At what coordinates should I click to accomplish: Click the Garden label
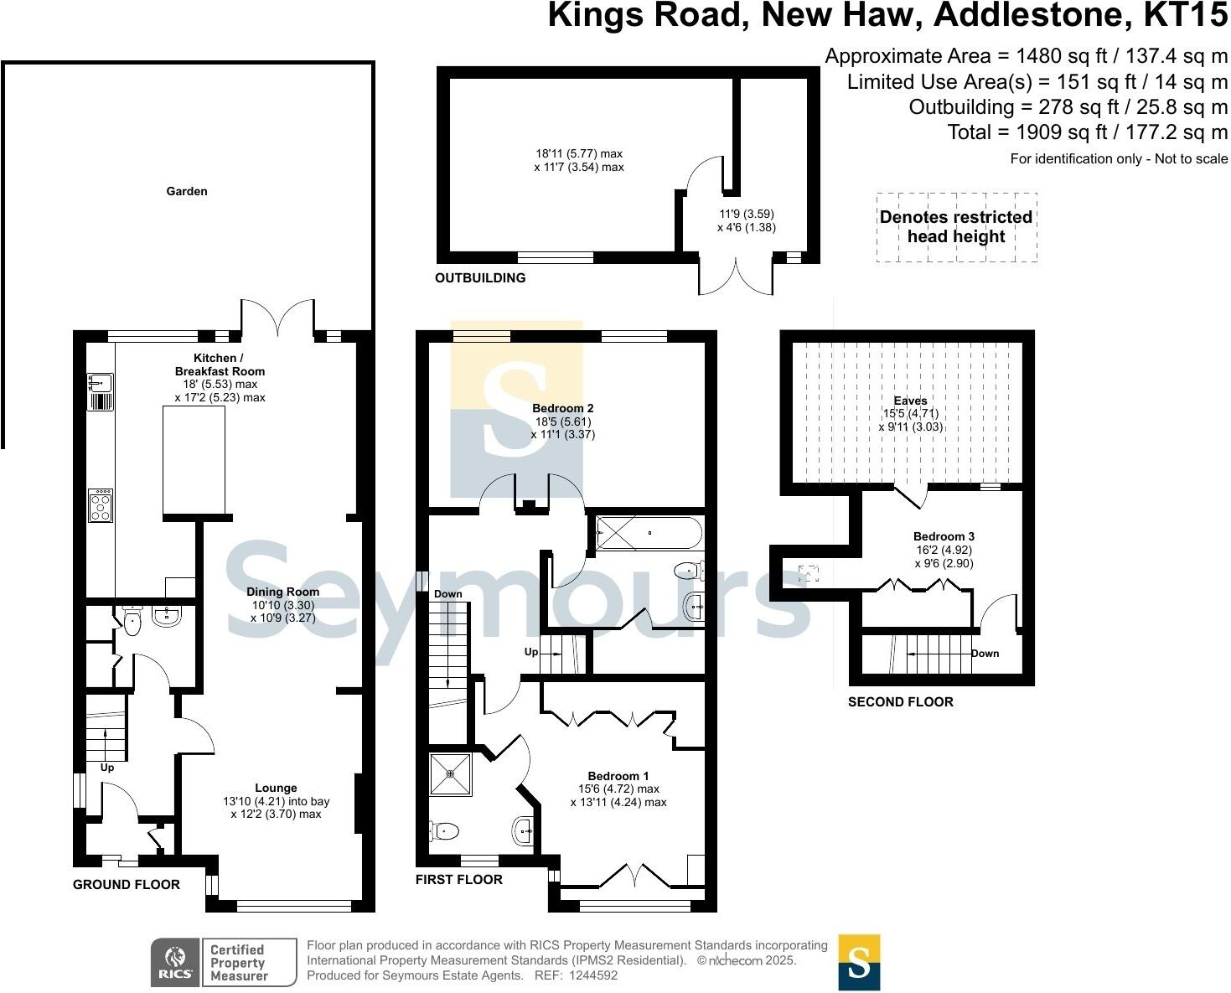[186, 191]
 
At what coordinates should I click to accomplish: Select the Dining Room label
[282, 592]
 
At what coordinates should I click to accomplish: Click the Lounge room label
[276, 788]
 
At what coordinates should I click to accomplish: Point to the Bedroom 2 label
[562, 409]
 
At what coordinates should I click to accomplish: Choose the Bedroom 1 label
[618, 776]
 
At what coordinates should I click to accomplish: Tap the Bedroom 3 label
[944, 536]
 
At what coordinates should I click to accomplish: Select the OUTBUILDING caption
[480, 278]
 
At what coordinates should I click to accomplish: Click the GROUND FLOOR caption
[127, 884]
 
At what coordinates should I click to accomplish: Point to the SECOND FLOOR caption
[900, 701]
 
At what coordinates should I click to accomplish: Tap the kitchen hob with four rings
[101, 505]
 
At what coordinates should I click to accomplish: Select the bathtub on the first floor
[648, 534]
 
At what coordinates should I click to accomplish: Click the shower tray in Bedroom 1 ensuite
[451, 773]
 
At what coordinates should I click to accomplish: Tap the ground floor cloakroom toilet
[132, 621]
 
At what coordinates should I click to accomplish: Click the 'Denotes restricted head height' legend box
[956, 227]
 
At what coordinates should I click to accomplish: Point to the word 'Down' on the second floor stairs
[985, 654]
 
